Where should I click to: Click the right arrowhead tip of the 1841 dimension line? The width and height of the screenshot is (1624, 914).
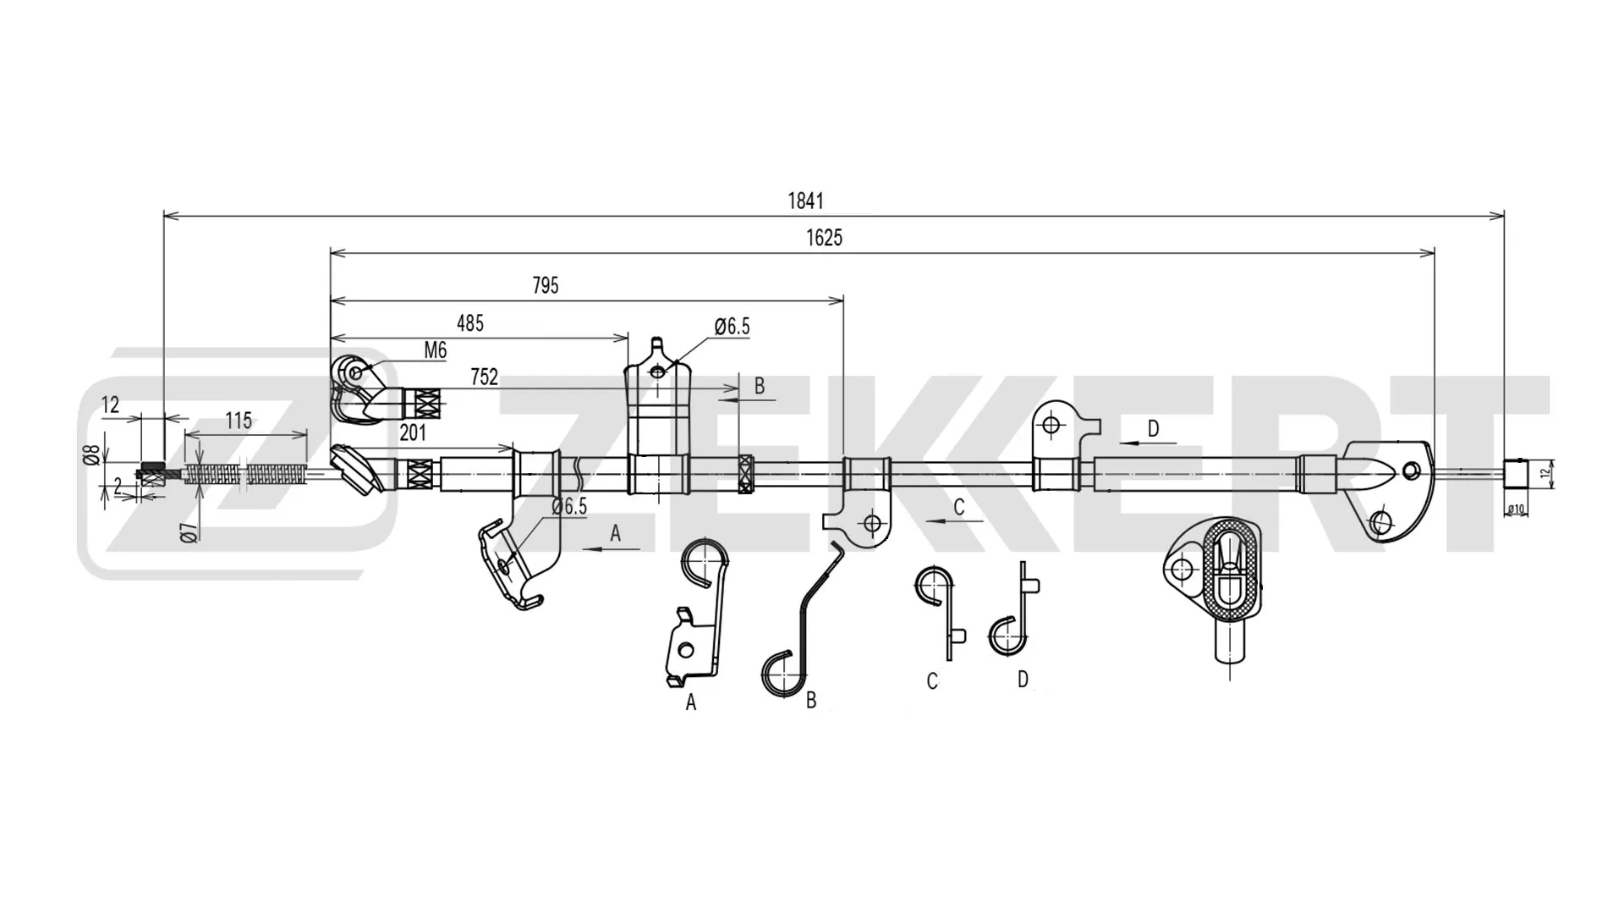coord(1504,216)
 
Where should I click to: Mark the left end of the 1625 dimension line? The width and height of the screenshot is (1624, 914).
coord(331,252)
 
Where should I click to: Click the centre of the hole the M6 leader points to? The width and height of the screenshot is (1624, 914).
coord(356,371)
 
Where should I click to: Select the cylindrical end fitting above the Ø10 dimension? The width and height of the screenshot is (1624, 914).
coord(1516,474)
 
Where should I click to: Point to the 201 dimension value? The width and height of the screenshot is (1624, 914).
coord(413,433)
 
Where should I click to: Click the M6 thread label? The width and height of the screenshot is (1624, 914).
coord(435,350)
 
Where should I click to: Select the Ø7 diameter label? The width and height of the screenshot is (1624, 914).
coord(189,532)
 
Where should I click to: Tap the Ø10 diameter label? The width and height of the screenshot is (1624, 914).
coord(1516,509)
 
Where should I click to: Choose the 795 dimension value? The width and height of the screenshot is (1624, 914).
coord(546,286)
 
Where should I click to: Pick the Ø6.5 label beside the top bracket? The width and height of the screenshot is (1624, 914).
coord(732,327)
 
